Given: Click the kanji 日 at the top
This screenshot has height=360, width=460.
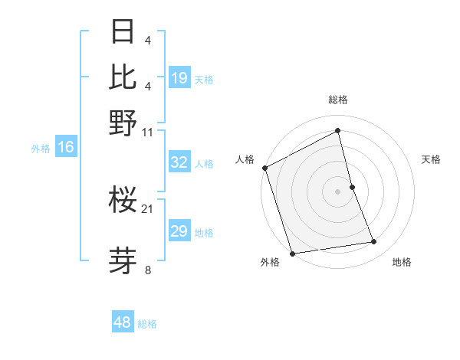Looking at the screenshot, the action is [x=123, y=32].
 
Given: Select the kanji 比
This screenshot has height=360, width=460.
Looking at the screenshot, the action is [x=123, y=77].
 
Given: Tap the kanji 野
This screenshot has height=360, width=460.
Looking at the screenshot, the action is [x=123, y=123].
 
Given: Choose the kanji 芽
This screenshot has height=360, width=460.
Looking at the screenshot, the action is [x=123, y=259].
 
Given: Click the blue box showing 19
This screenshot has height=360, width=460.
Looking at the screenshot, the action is [x=179, y=78].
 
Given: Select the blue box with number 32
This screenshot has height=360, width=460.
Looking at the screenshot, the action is [x=179, y=162].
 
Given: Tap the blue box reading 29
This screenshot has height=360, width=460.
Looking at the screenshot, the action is [x=179, y=231].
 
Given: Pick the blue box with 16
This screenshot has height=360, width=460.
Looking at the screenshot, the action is [x=66, y=148].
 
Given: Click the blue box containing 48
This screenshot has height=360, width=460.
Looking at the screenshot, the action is [x=123, y=322].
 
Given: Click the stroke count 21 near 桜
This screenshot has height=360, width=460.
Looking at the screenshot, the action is [x=147, y=209].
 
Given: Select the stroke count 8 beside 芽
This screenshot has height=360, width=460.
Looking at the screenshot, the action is [x=148, y=270].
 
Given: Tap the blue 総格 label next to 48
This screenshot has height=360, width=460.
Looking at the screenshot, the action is [x=147, y=324].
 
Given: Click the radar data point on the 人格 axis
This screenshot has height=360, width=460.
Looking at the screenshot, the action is [x=264, y=168].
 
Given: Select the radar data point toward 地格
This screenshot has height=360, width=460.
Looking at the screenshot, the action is [x=374, y=242].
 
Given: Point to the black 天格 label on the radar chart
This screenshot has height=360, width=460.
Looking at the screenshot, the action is [x=432, y=159].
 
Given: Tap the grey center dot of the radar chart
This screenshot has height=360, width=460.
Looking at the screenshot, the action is [x=338, y=191].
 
